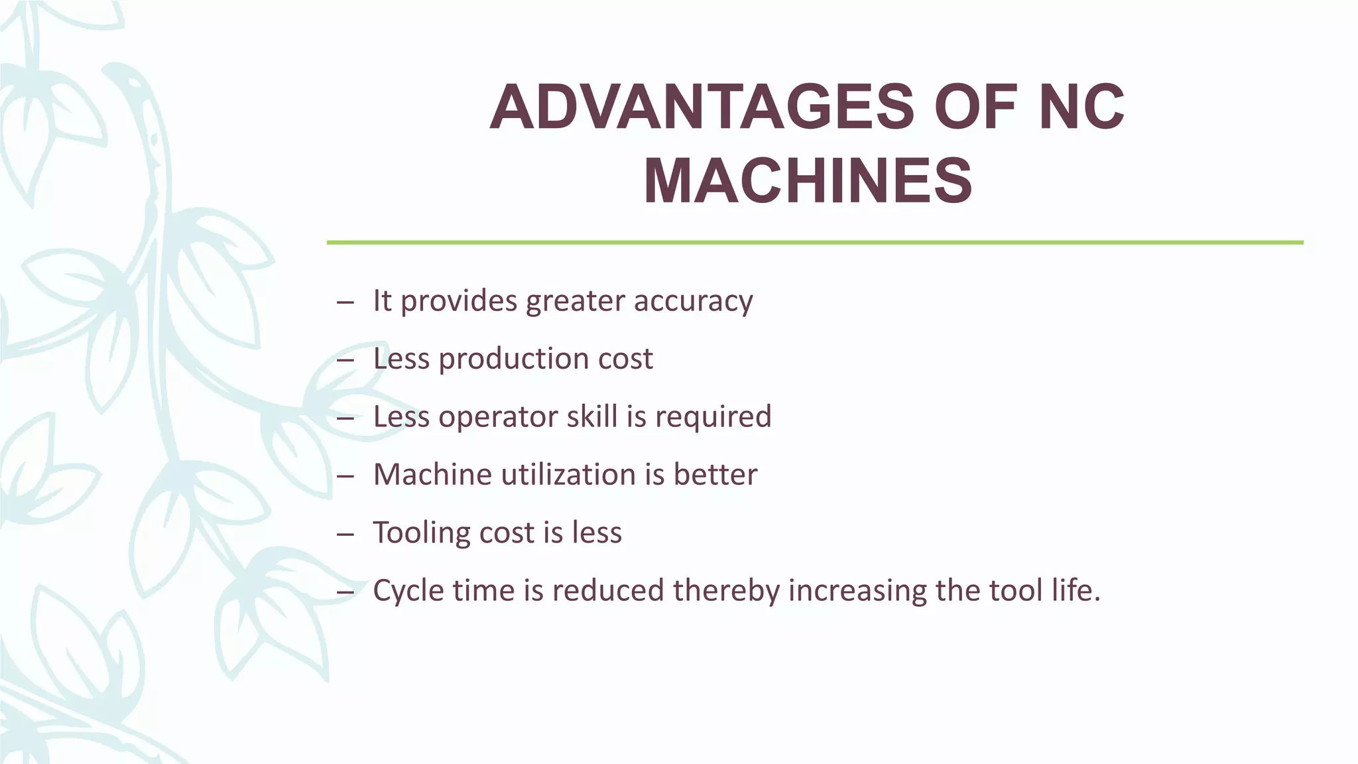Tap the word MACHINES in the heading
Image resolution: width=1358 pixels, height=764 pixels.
pos(808,181)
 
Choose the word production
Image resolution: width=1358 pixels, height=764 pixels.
pos(513,359)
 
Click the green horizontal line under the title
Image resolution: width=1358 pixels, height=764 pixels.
pos(814,243)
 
